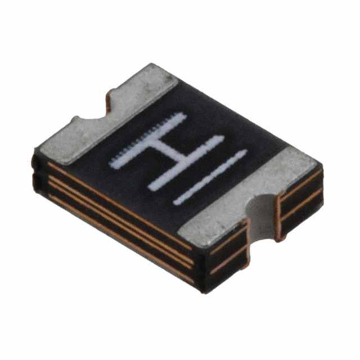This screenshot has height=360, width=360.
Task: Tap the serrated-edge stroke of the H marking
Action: click(x=148, y=141)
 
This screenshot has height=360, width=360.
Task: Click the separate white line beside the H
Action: click(x=210, y=177)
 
